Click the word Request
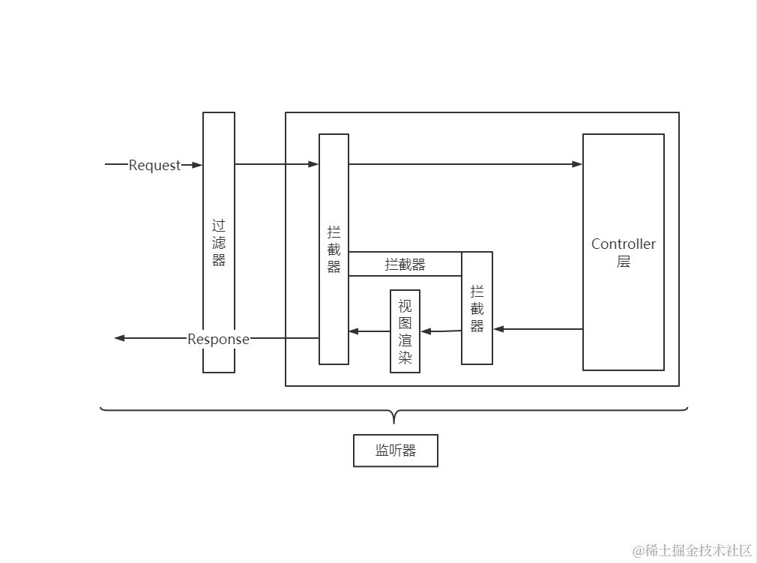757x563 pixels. coord(154,165)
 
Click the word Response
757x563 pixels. coord(218,339)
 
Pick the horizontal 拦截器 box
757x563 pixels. coord(405,264)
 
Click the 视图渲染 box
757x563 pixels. coord(405,331)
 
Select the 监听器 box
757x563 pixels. coord(395,451)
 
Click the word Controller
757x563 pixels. coord(623,244)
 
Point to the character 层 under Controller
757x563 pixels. coord(623,262)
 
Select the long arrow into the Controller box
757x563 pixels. coord(465,164)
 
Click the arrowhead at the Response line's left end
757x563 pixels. coord(119,338)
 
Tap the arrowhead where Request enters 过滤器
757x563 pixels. coord(198,165)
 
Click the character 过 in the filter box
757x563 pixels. coord(219,225)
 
